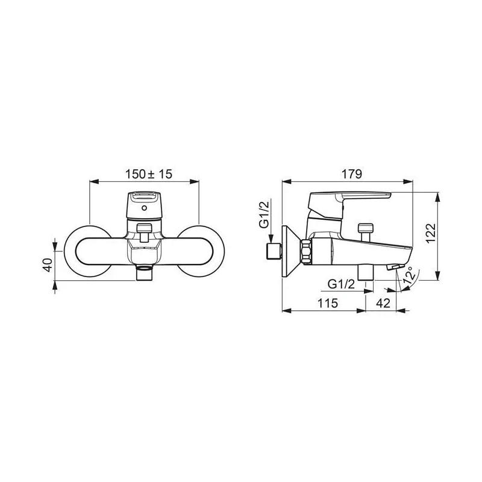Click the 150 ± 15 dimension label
coord(148,174)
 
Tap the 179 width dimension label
coord(352,174)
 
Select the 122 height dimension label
coord(431,233)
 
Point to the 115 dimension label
coord(328,303)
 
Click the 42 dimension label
coord(383,303)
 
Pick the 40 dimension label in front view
coord(48,265)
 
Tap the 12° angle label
coord(410,276)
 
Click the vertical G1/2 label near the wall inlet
coord(264,214)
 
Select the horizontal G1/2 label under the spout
coord(341,284)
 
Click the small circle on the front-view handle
coord(145,208)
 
